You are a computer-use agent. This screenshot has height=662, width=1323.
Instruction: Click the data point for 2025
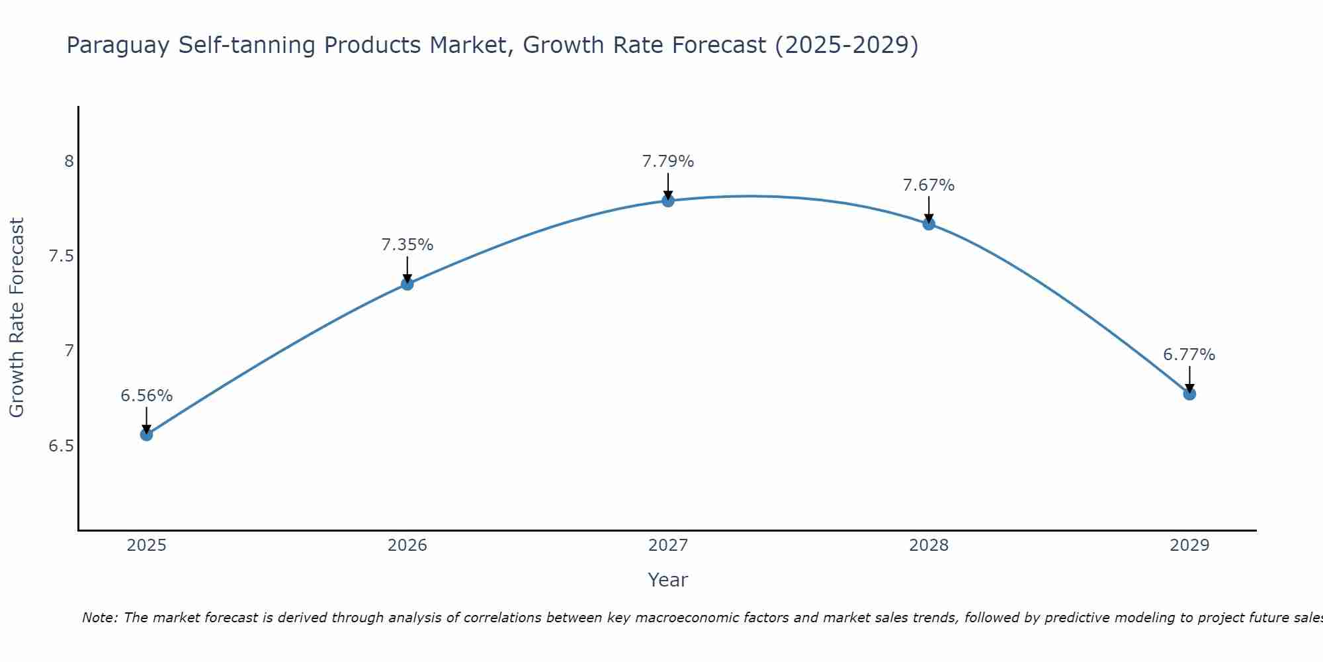[x=146, y=434]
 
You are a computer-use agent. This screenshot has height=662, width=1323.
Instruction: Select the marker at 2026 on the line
[x=407, y=284]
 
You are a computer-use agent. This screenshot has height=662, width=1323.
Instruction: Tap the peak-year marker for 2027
[x=668, y=201]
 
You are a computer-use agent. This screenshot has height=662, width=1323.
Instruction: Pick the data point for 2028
[x=929, y=224]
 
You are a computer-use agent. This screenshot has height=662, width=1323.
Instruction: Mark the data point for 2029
[x=1189, y=394]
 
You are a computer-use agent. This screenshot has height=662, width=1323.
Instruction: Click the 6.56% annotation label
[x=146, y=396]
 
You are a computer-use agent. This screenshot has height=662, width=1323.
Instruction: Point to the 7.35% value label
[x=407, y=245]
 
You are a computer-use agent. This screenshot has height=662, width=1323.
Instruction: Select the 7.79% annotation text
[x=668, y=162]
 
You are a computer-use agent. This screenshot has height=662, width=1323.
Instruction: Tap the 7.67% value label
[x=929, y=185]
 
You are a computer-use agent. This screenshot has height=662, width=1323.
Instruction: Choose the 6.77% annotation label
[x=1189, y=355]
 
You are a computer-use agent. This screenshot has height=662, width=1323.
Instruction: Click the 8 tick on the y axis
[x=69, y=162]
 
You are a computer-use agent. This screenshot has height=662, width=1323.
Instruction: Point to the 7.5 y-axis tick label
[x=62, y=256]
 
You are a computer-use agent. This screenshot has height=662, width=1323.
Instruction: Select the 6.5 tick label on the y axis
[x=62, y=446]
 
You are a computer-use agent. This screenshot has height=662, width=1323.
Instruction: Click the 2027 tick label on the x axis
[x=668, y=545]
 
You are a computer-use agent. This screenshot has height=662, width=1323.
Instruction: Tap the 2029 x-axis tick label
[x=1189, y=545]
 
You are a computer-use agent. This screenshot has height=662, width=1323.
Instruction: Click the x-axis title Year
[x=668, y=580]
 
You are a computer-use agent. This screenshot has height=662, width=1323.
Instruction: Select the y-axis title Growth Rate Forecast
[x=17, y=318]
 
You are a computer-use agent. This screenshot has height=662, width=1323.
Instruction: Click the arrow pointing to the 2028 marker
[x=929, y=209]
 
